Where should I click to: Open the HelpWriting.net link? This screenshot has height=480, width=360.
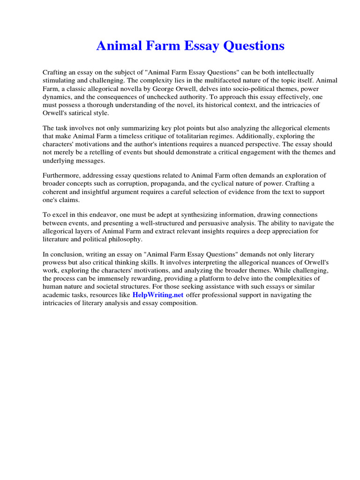click(158, 295)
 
